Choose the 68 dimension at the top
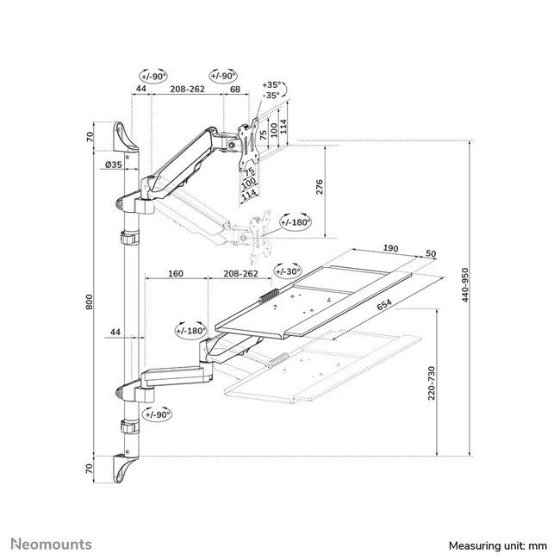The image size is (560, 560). [234, 89]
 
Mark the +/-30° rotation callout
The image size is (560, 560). [287, 271]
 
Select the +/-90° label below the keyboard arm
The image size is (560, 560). [158, 414]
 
